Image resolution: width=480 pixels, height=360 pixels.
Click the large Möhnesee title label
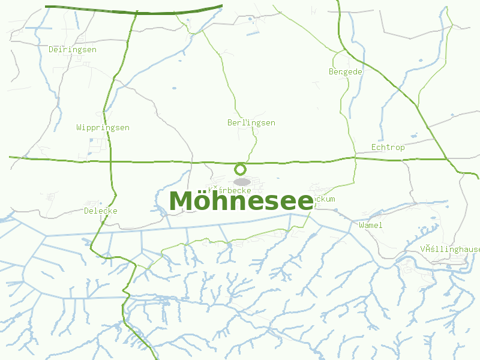coord(241,201)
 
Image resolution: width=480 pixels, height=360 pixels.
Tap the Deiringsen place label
coord(72,50)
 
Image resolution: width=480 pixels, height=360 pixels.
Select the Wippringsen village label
coord(103,128)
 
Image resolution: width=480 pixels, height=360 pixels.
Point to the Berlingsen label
coord(251,123)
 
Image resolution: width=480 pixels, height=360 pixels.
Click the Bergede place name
coord(346,71)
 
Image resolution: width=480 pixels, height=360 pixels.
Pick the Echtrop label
coord(388,148)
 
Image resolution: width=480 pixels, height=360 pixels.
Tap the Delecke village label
coord(101,211)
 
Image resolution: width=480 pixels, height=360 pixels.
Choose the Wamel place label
coord(370,226)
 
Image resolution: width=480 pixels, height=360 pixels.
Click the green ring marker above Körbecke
coord(241,169)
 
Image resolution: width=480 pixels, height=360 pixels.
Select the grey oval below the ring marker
coord(242,182)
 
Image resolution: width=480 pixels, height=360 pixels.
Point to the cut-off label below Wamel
coord(450,249)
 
